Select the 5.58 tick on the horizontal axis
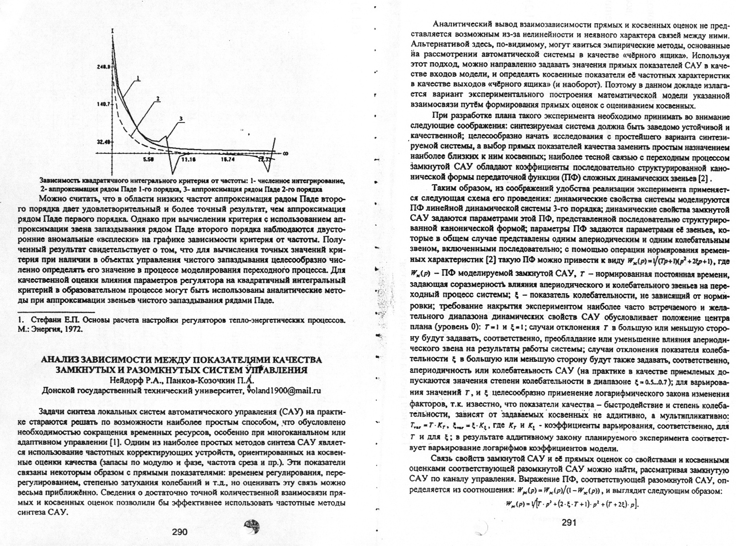click(149, 158)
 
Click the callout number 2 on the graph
click(157, 98)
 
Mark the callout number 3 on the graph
click(181, 118)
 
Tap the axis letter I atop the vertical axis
click(112, 31)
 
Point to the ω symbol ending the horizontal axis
click(285, 153)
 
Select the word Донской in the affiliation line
click(57, 391)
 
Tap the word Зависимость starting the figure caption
click(59, 180)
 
